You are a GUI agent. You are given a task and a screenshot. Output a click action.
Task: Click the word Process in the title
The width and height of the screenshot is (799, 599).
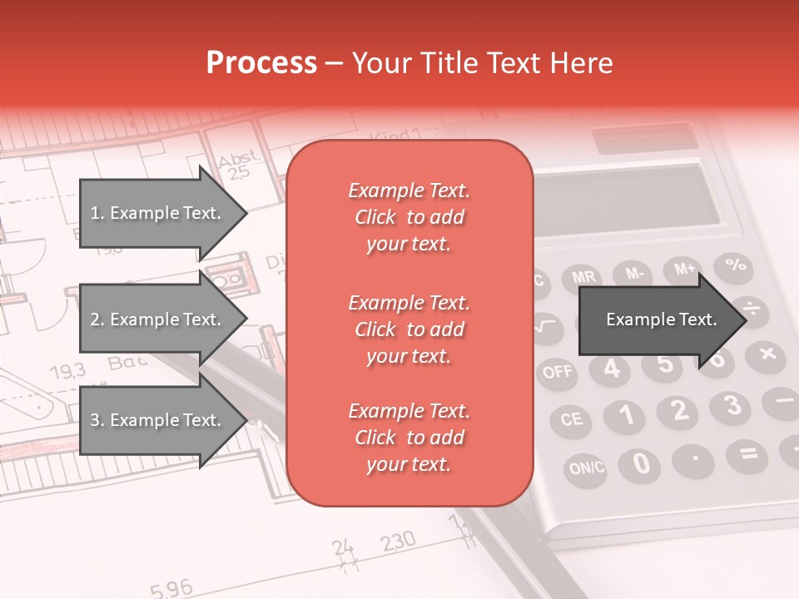[x=261, y=63]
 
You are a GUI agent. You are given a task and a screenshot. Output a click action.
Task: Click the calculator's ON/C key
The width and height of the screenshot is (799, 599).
[x=587, y=468]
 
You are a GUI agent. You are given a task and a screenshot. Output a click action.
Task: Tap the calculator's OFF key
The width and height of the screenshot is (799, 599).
[x=558, y=371]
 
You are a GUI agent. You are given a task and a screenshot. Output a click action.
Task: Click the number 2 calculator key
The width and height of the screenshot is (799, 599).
[x=680, y=409]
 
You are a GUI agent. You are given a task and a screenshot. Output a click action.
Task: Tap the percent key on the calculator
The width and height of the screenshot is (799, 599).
[x=734, y=265]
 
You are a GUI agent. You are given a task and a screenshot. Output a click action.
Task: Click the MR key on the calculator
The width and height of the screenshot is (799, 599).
[x=583, y=276]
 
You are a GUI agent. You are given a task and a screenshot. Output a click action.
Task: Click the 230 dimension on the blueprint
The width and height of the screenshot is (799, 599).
[x=398, y=542]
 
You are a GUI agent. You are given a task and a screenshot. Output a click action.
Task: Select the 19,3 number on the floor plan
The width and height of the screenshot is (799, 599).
[x=67, y=370]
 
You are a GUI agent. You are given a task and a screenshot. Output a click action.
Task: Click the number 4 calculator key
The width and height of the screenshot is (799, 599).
[x=613, y=369]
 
